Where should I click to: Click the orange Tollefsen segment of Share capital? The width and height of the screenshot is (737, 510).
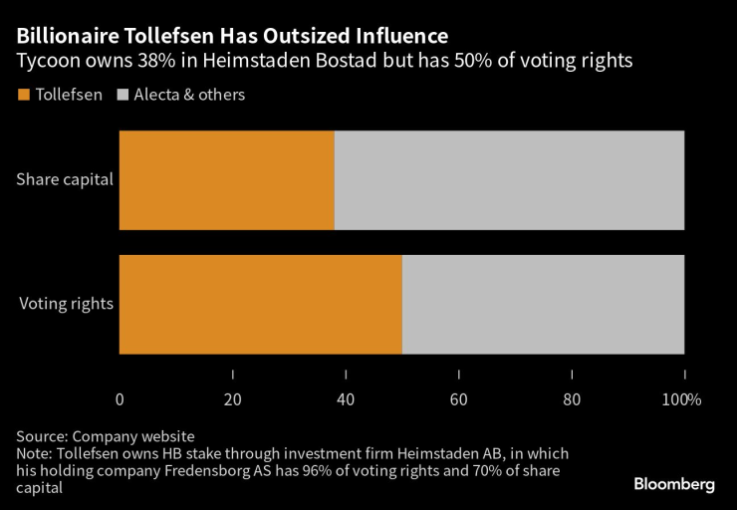pyautogui.click(x=226, y=180)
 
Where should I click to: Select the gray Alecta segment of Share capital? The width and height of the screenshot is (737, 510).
pyautogui.click(x=509, y=180)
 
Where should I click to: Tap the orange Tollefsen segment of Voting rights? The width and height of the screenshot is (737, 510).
pyautogui.click(x=260, y=304)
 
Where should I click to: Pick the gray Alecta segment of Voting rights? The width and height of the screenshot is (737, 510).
pyautogui.click(x=543, y=304)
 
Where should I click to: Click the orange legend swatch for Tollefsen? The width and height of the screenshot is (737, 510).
pyautogui.click(x=23, y=96)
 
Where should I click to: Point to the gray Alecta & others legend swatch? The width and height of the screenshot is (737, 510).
pyautogui.click(x=123, y=96)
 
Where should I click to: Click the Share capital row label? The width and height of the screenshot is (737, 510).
pyautogui.click(x=65, y=180)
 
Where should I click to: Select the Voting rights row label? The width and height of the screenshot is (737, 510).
pyautogui.click(x=66, y=304)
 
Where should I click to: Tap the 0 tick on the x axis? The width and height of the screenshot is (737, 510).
pyautogui.click(x=120, y=399)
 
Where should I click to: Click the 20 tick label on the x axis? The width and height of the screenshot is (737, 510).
pyautogui.click(x=232, y=399)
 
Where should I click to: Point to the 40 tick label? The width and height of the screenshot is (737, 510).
pyautogui.click(x=346, y=399)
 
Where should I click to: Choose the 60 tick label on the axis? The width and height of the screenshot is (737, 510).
pyautogui.click(x=458, y=399)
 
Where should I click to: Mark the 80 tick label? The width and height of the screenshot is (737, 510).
pyautogui.click(x=572, y=399)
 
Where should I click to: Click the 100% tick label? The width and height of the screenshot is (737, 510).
pyautogui.click(x=682, y=399)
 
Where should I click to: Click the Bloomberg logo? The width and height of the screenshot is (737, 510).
pyautogui.click(x=674, y=484)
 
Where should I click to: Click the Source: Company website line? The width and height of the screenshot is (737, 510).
pyautogui.click(x=105, y=436)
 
